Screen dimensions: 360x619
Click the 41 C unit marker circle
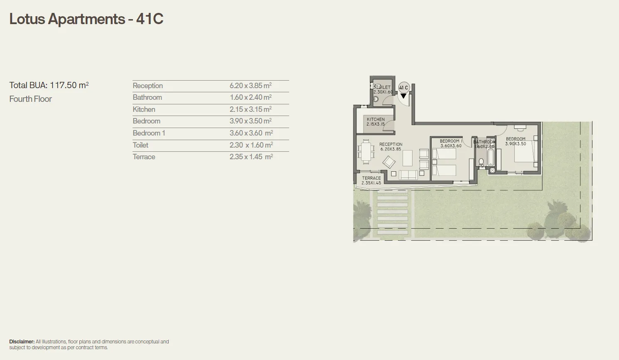tap(403, 87)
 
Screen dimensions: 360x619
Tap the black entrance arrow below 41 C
tap(403, 96)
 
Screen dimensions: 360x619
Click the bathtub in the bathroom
tap(490, 158)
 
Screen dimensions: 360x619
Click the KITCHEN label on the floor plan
tap(376, 119)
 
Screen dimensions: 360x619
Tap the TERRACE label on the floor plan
tap(371, 178)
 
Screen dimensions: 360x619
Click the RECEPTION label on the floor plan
tap(391, 145)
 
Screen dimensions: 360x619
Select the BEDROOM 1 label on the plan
tap(451, 141)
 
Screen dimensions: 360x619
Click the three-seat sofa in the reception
tap(408, 175)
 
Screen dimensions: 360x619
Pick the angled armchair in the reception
tap(389, 162)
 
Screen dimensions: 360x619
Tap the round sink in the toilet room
tap(376, 99)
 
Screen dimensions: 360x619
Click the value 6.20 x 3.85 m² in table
tap(251, 86)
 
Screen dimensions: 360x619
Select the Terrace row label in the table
tap(144, 157)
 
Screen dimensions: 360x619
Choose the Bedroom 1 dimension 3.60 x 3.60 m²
tap(251, 133)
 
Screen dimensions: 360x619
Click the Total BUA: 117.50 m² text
tap(49, 85)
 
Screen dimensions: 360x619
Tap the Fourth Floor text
tap(31, 99)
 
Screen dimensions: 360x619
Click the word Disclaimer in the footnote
tap(22, 342)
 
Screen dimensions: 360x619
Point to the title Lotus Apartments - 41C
tap(86, 19)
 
